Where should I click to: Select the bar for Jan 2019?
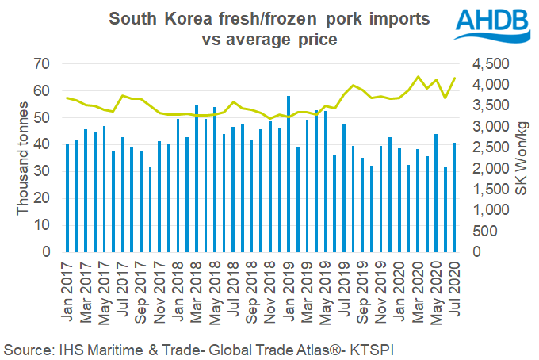(288, 174)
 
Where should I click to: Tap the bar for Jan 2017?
(67, 198)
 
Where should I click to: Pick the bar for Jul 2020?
(453, 197)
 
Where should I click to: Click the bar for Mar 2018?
(197, 178)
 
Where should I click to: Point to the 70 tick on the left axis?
(43, 64)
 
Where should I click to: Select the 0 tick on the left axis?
(47, 252)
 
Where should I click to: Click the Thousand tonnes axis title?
(23, 159)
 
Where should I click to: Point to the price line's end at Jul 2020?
(453, 78)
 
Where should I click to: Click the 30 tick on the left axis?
(43, 171)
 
